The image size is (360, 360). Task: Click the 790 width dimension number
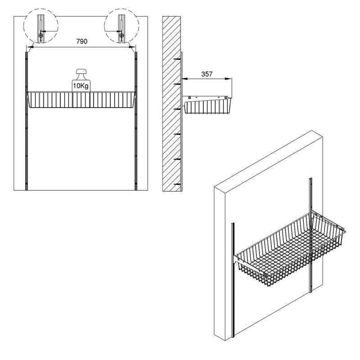(81, 41)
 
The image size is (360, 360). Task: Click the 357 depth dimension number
(207, 74)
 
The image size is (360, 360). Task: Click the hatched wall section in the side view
(171, 103)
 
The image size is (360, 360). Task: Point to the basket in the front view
(81, 100)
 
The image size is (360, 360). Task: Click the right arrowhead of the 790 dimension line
(132, 46)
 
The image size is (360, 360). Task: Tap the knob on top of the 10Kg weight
(81, 72)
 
